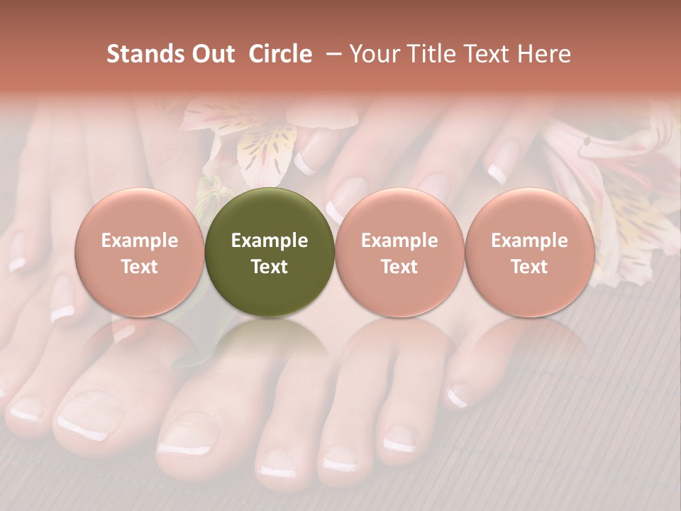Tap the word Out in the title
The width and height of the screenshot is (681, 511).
pos(211,54)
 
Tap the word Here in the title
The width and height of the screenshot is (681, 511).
pos(544,54)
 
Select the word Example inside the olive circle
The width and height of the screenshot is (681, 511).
pos(270,241)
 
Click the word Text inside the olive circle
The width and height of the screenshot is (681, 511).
pos(270,266)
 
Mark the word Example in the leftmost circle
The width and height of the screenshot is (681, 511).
pos(140,241)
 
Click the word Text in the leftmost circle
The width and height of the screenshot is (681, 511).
pos(140,266)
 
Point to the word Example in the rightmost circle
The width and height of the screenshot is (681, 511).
pos(529,241)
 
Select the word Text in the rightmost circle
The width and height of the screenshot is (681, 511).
pos(529,266)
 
